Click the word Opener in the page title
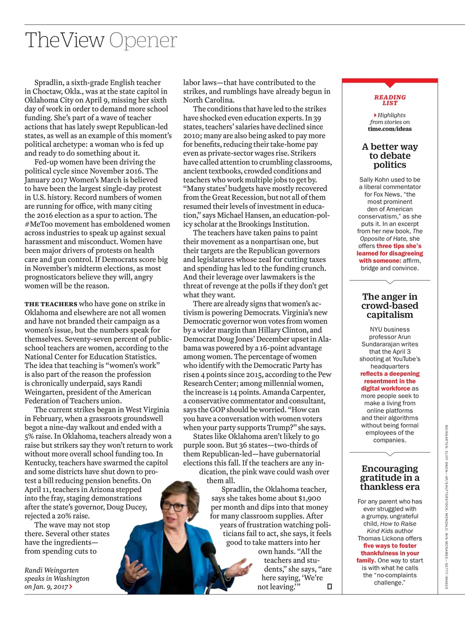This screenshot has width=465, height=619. tap(143, 41)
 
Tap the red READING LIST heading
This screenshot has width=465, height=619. tap(390, 100)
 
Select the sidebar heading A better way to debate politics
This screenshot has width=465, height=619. tap(390, 156)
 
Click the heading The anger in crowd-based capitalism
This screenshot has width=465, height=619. tap(390, 306)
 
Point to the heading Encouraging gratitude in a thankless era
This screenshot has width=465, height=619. tap(390, 477)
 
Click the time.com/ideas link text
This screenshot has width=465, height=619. tap(390, 129)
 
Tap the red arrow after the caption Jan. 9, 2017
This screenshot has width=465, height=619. tap(71, 587)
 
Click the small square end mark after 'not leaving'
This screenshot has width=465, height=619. tap(330, 587)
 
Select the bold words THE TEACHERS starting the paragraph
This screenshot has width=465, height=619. tap(51, 304)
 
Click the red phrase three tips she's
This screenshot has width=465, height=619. tap(399, 246)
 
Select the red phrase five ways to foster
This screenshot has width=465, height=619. tap(390, 545)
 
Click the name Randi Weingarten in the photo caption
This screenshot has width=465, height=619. tap(52, 570)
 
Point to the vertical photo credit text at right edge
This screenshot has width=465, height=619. tap(445, 505)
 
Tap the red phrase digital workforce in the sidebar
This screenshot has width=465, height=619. tap(385, 388)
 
